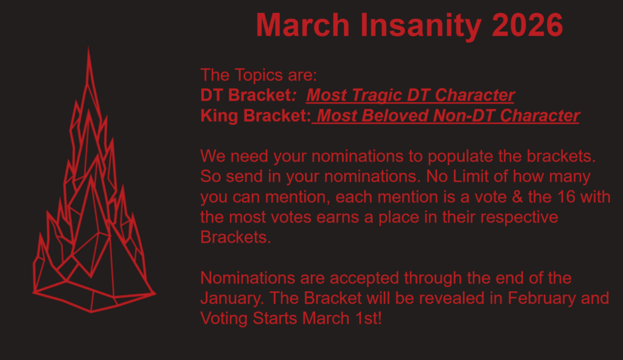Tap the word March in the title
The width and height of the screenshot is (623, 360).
303,25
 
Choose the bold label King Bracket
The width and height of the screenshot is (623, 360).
255,116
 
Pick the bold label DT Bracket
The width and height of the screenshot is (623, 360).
246,95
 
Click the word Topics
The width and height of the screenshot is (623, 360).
258,75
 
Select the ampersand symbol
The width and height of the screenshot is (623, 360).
517,196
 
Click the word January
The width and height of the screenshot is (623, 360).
232,299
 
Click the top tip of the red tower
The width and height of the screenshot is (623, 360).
88,47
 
